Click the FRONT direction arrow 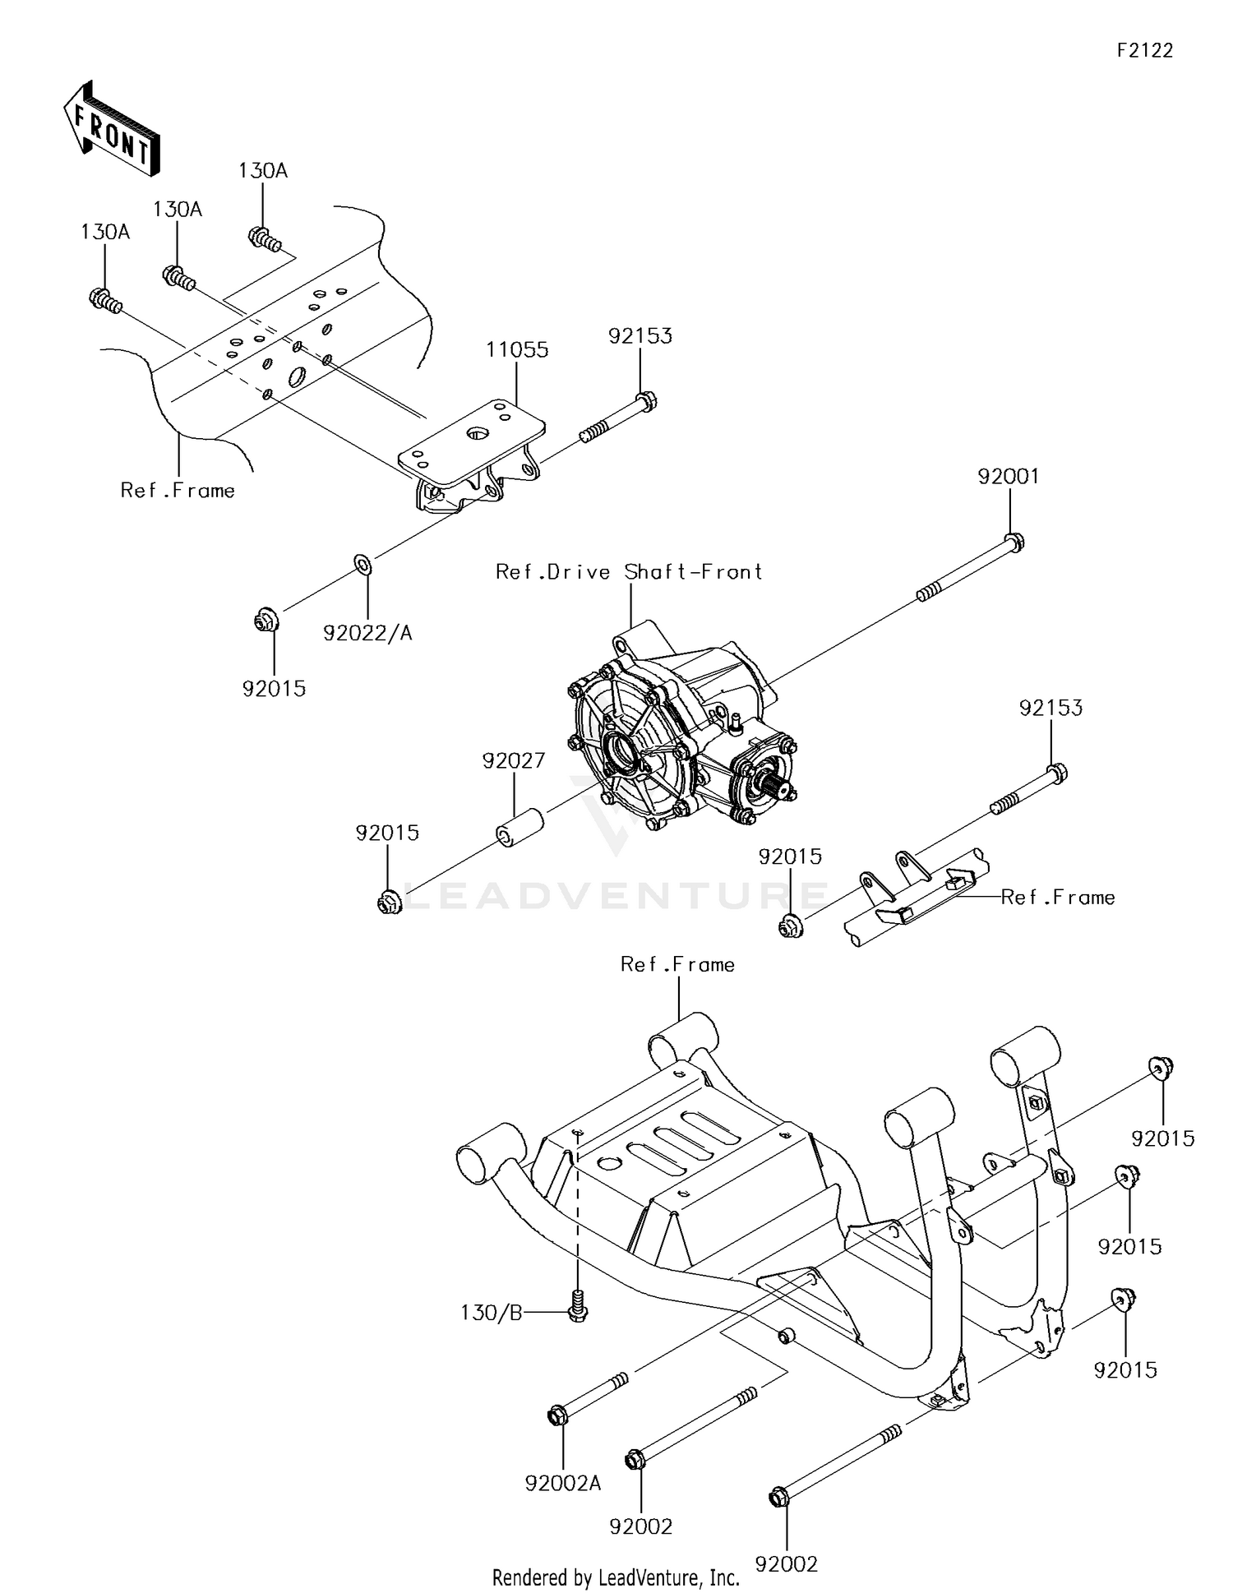click(x=111, y=129)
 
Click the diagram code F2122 click(x=1144, y=50)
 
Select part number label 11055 click(x=516, y=349)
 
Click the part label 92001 click(x=1008, y=477)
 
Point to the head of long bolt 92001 click(x=1014, y=542)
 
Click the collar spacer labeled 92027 click(x=520, y=826)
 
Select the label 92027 click(x=513, y=760)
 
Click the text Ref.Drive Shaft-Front click(x=629, y=572)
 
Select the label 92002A click(x=563, y=1483)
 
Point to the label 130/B click(x=491, y=1313)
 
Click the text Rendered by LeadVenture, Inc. click(x=616, y=1577)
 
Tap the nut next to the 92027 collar click(x=390, y=901)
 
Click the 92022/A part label click(x=367, y=633)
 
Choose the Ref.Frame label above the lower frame click(x=677, y=964)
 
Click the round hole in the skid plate click(x=609, y=1163)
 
